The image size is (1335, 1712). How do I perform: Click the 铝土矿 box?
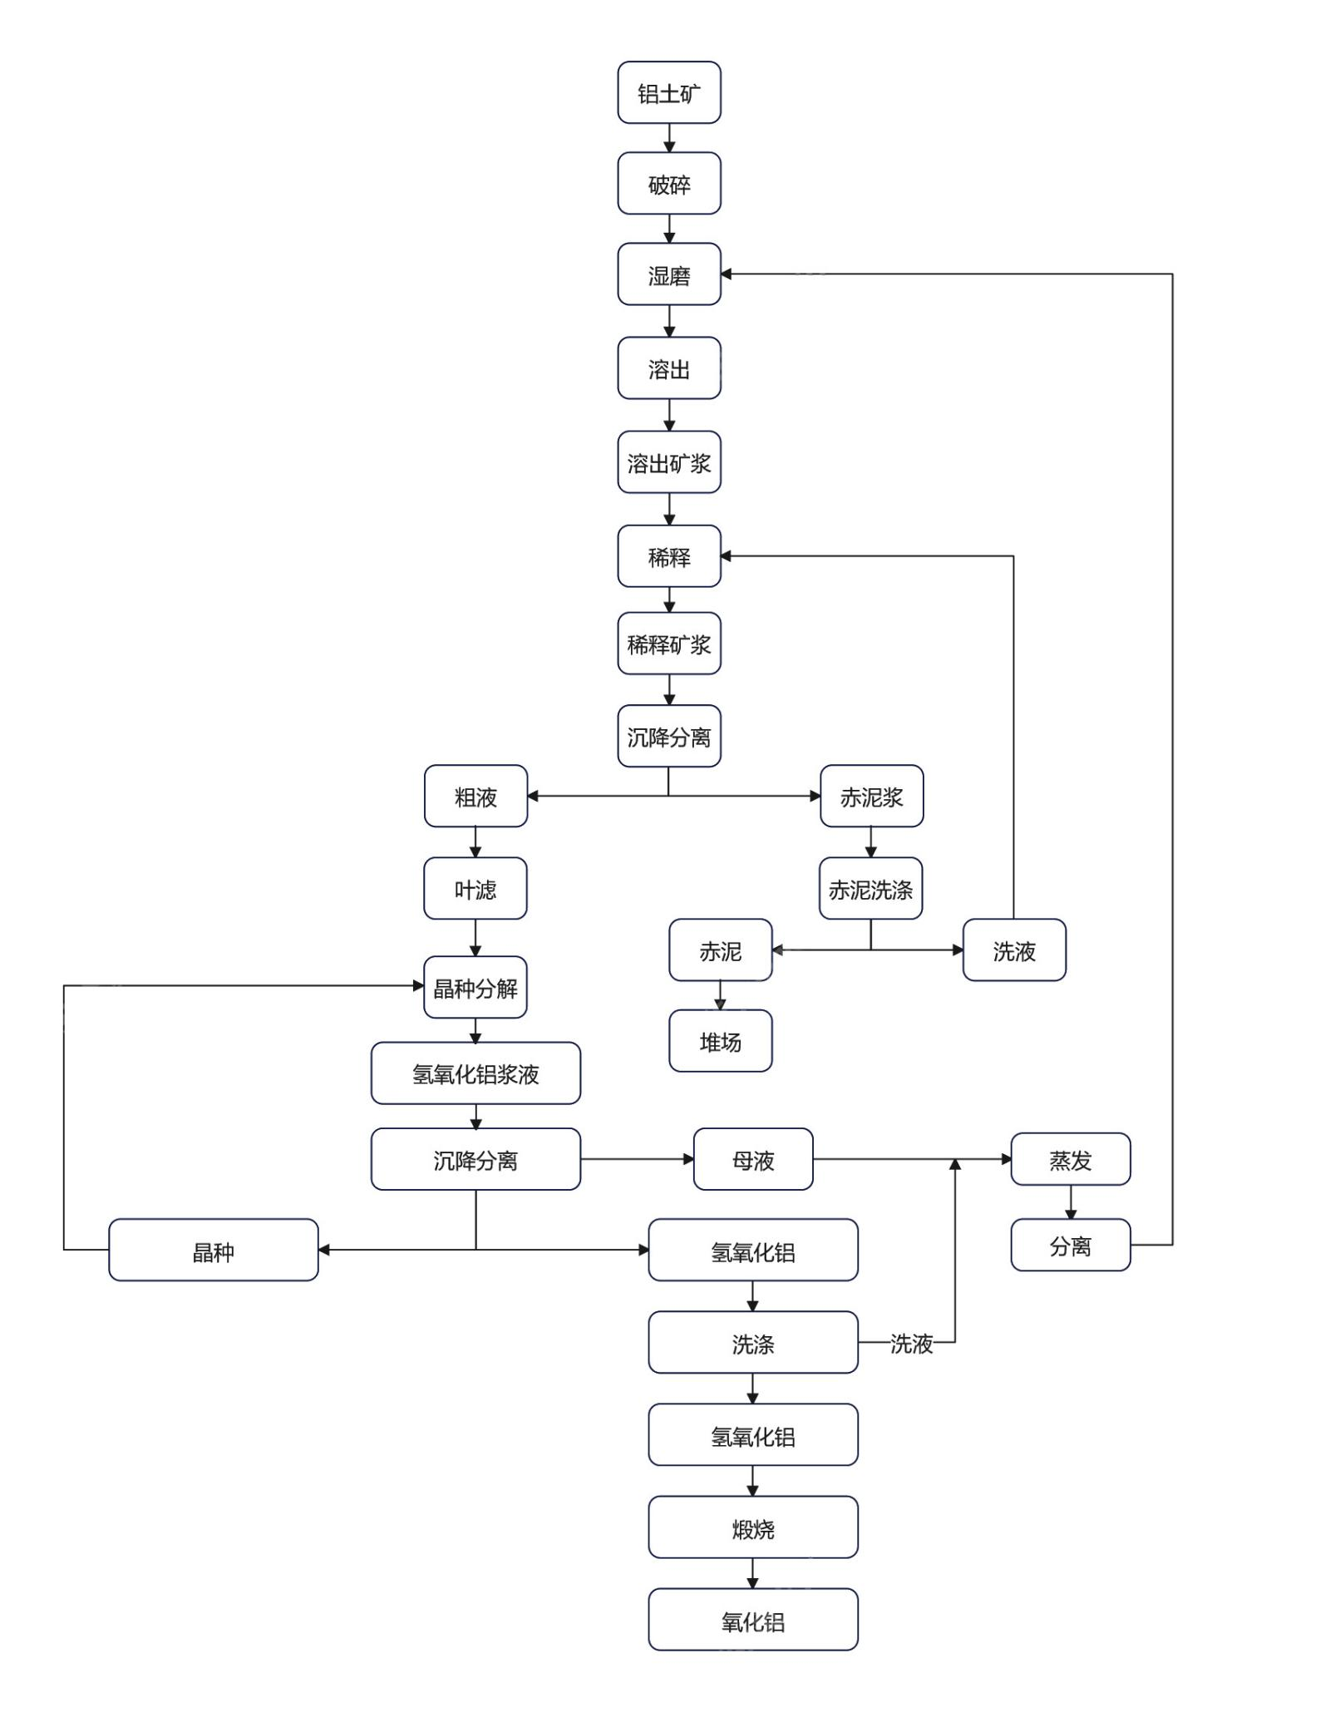tap(668, 93)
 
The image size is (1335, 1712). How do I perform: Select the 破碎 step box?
tap(668, 184)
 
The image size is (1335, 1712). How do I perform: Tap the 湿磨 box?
tap(668, 274)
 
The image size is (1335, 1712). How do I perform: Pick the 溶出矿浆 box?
tap(668, 462)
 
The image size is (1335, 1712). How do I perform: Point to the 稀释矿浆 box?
tap(668, 644)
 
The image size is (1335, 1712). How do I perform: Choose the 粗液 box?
tap(475, 797)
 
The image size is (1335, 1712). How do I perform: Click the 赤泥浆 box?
tap(871, 797)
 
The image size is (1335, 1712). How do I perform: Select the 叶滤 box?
tap(475, 889)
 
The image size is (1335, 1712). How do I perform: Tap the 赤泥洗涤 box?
tap(870, 889)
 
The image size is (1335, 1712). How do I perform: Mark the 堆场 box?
tap(720, 1041)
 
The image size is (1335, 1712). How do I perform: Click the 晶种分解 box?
tap(475, 988)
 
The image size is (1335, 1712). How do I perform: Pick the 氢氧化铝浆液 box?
tap(475, 1073)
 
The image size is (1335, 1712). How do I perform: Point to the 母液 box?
tap(753, 1159)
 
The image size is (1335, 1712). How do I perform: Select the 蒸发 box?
tap(1070, 1159)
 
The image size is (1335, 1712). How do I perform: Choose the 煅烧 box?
tap(753, 1527)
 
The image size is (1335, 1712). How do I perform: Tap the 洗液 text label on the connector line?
tap(911, 1343)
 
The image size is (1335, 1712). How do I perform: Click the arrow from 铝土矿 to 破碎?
tap(669, 138)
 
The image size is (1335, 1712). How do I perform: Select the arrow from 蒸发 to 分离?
tap(1071, 1202)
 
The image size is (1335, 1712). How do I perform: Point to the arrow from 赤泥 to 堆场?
tap(720, 995)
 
